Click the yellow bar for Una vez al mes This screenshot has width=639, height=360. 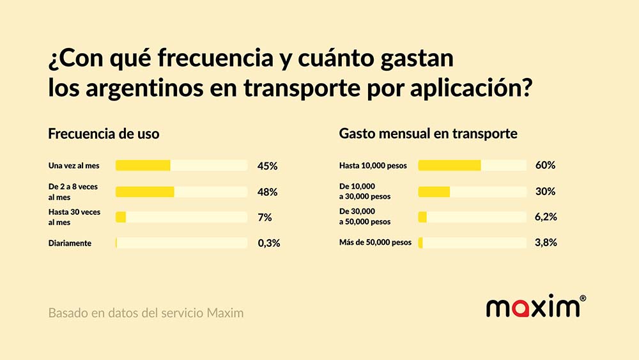point(143,166)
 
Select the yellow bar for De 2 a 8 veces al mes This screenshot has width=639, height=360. point(145,192)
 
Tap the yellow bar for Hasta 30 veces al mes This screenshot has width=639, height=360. point(121,217)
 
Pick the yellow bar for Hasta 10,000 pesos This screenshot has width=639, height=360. point(449,166)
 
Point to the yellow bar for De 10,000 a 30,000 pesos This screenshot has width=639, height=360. point(434,192)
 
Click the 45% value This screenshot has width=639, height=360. point(267,166)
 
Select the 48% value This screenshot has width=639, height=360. point(267,192)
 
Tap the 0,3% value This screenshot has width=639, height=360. point(268,243)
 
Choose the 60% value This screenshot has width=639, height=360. point(545,166)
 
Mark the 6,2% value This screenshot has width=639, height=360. point(546,217)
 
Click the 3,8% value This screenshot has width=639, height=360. point(546,243)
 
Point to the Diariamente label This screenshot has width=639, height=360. point(70,244)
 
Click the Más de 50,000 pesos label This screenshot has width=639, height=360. point(375,243)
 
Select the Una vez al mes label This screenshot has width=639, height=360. point(73,166)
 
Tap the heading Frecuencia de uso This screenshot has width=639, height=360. point(104,134)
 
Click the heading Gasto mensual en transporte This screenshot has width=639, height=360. point(428,134)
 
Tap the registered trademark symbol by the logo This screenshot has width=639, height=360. point(583,298)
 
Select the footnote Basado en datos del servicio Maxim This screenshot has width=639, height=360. point(146,314)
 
